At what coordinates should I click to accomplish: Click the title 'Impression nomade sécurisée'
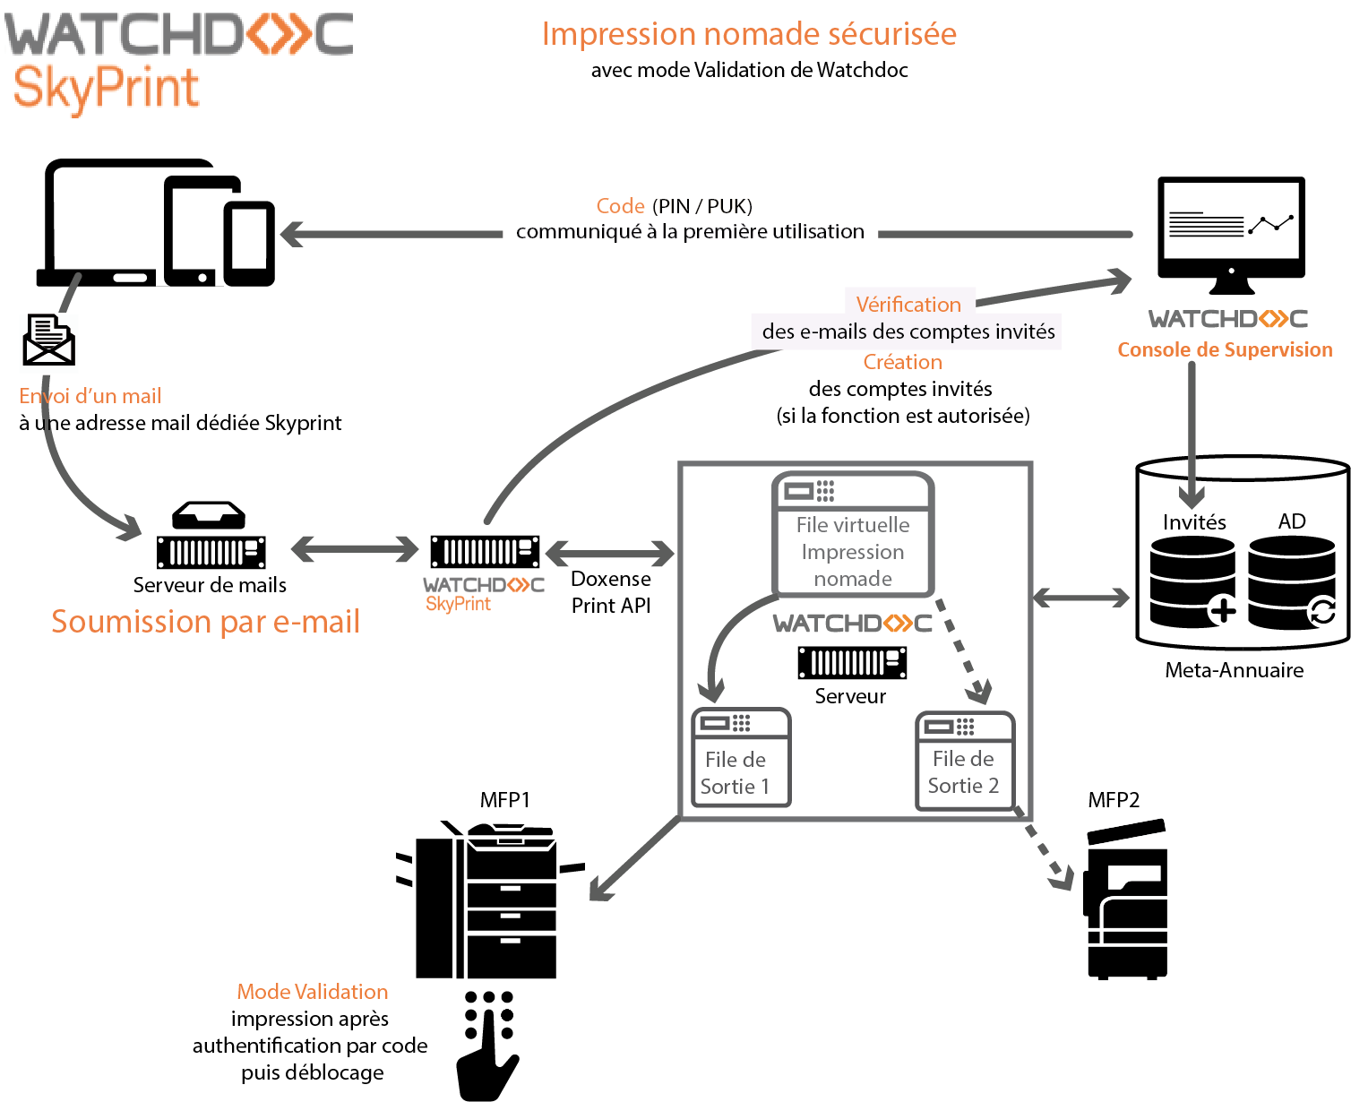coord(749,34)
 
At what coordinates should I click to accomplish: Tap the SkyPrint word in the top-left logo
coord(106,88)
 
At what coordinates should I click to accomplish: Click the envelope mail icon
coord(48,340)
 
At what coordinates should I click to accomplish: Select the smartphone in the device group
coord(248,242)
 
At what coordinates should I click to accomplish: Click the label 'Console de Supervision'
coord(1225,350)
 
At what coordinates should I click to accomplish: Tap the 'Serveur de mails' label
coord(210,585)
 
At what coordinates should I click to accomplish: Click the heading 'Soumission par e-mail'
coord(205,622)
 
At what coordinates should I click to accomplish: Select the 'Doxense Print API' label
coord(611,592)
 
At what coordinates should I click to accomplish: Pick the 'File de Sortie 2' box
coord(965,762)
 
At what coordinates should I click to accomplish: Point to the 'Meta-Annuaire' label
coord(1234,670)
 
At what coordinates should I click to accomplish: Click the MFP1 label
coord(504,800)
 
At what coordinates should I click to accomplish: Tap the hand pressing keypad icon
coord(488,1045)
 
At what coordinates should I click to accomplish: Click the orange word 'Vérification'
coord(908,305)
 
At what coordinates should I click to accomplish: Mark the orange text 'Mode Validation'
coord(313,992)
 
